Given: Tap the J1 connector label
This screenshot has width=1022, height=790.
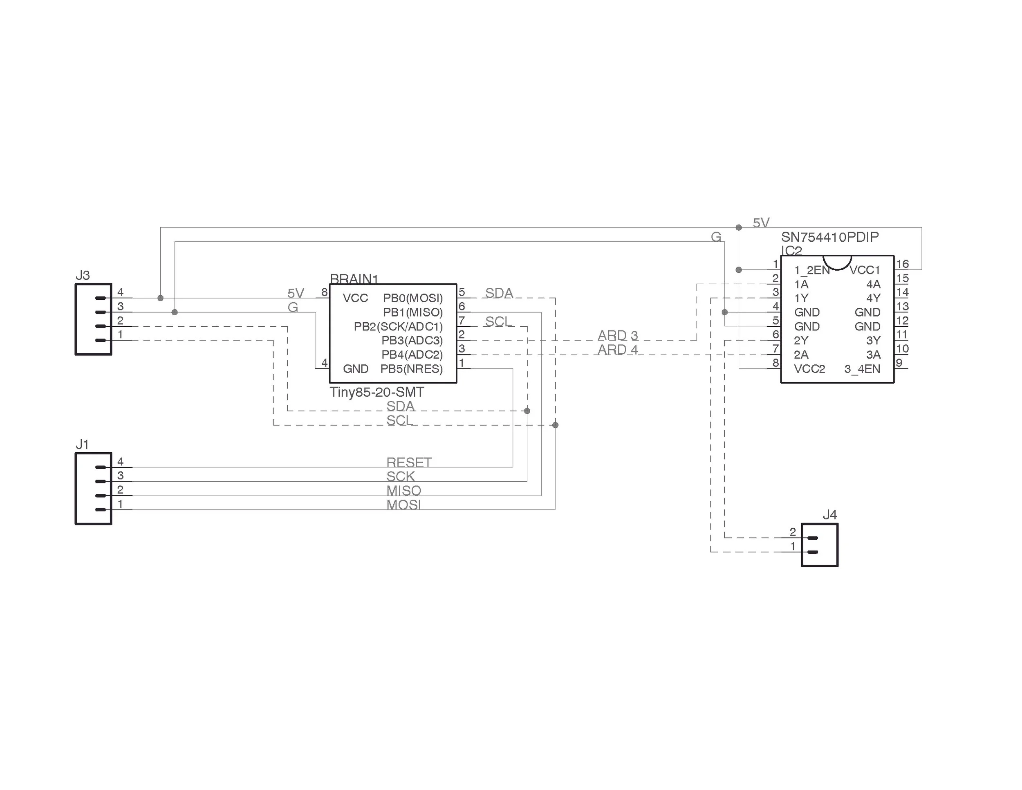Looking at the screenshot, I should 82,444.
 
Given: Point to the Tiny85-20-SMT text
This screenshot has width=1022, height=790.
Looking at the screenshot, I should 377,392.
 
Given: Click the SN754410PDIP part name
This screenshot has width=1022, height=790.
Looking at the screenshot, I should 830,237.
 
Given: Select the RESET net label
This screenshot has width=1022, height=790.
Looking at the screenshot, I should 409,462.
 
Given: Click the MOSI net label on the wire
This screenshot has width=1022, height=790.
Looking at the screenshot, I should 403,505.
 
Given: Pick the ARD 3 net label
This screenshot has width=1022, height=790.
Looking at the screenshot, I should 618,336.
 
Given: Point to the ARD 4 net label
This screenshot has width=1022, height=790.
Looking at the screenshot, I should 618,350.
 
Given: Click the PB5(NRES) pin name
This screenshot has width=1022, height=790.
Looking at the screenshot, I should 411,369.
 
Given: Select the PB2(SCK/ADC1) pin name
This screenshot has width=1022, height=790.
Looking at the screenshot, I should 398,326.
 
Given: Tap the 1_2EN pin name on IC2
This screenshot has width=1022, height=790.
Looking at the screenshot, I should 811,270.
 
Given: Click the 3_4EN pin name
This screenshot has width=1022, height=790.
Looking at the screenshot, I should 862,369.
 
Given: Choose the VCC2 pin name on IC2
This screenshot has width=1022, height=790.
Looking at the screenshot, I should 809,369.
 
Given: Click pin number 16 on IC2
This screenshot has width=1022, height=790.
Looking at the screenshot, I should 902,264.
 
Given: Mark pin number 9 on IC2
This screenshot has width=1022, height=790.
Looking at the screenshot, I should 899,363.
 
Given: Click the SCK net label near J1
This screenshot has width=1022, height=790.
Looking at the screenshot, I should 401,476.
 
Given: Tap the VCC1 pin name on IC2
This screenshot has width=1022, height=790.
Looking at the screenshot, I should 865,270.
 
